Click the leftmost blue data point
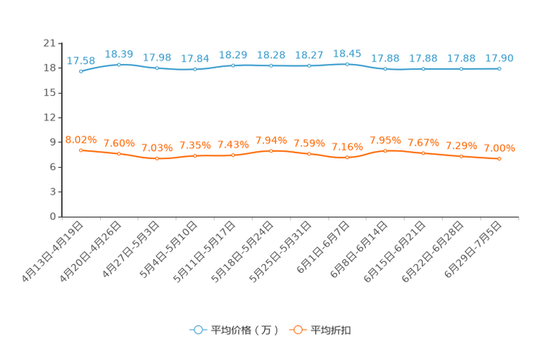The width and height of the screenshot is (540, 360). tap(81, 71)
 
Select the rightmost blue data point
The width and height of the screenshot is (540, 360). tap(499, 68)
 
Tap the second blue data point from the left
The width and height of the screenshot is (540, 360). tap(118, 65)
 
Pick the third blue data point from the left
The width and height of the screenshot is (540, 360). tap(157, 68)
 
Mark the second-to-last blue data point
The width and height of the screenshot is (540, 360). tap(461, 69)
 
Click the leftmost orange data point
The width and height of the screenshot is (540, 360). tap(81, 150)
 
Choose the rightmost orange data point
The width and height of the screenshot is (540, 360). tap(499, 158)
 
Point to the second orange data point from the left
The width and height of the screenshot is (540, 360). tap(118, 154)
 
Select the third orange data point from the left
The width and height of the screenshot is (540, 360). tap(157, 158)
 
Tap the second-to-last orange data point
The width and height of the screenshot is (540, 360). tap(461, 156)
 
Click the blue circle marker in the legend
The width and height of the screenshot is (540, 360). tap(197, 330)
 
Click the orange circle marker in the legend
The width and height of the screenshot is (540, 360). tap(297, 330)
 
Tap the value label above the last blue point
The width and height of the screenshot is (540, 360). tap(500, 58)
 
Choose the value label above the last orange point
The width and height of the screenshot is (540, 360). tap(500, 148)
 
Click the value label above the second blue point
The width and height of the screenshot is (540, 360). tap(119, 54)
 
